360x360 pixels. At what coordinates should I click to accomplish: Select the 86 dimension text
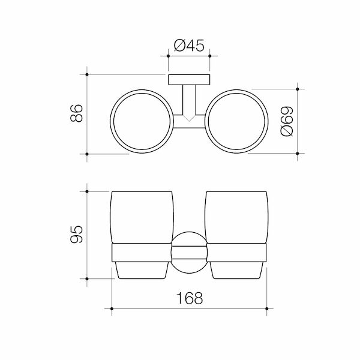point(75,114)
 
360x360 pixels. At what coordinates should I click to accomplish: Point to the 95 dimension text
point(74,235)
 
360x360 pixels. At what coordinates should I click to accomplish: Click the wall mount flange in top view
point(189,79)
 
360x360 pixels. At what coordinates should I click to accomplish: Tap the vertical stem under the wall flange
point(189,99)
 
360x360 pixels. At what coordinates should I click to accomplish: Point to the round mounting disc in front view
point(189,250)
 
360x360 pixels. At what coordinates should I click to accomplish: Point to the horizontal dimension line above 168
point(190,309)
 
